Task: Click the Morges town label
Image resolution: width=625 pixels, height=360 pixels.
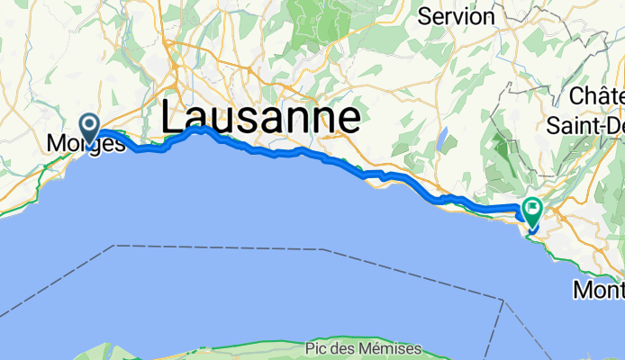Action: pos(86,143)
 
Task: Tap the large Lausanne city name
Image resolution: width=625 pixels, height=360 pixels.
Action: pos(261,119)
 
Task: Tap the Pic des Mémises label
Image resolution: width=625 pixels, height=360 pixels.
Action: pos(364,348)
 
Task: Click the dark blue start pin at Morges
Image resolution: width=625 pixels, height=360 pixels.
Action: pos(90,126)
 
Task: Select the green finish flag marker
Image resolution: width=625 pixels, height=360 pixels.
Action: pos(531,212)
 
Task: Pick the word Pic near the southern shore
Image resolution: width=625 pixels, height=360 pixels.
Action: pos(316,348)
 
